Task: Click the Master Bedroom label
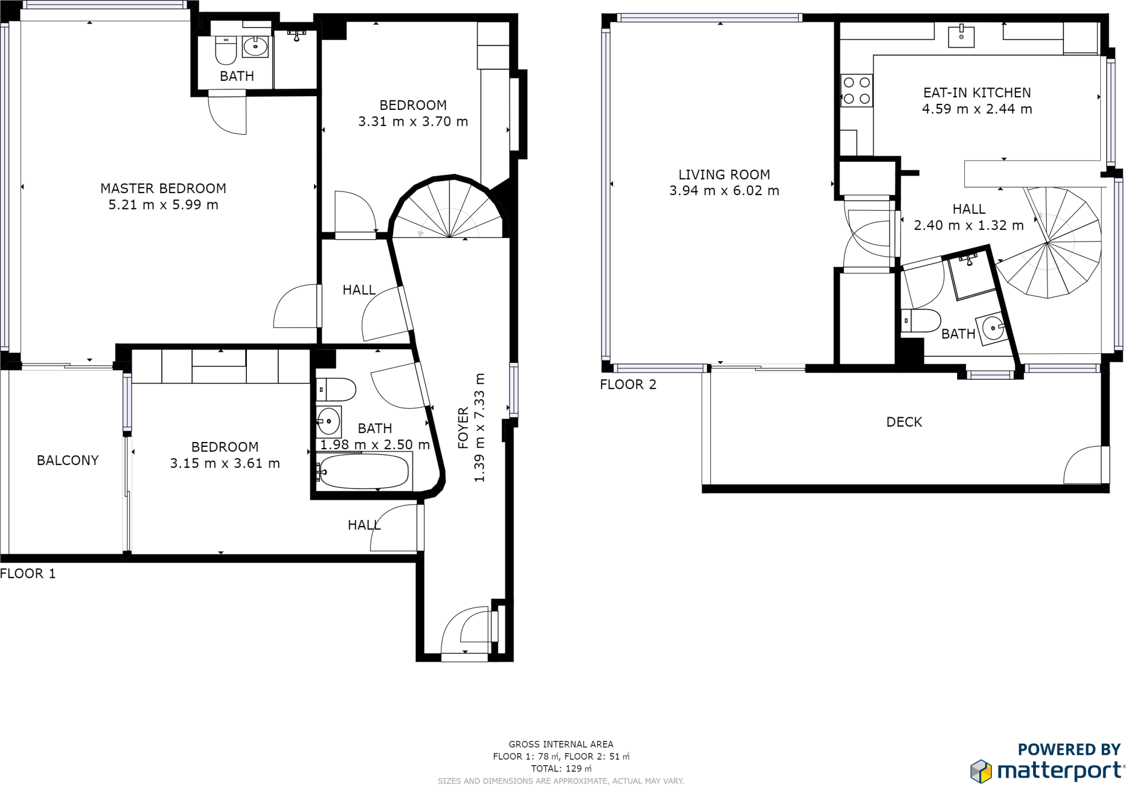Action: (163, 189)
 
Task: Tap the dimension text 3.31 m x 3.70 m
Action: (413, 121)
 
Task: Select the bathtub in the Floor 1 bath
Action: (364, 471)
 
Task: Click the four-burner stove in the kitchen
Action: (857, 91)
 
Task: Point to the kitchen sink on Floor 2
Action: (961, 36)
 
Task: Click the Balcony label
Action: (68, 460)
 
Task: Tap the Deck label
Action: (904, 422)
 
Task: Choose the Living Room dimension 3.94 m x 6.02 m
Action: (724, 191)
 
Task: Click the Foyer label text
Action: (463, 428)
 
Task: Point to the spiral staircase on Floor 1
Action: (450, 212)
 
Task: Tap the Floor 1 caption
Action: (28, 573)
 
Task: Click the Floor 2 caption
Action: (628, 384)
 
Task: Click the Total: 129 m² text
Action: (561, 769)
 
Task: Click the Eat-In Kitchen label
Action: (976, 93)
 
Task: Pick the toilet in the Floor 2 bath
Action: (921, 320)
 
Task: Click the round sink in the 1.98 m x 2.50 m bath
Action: (329, 422)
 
